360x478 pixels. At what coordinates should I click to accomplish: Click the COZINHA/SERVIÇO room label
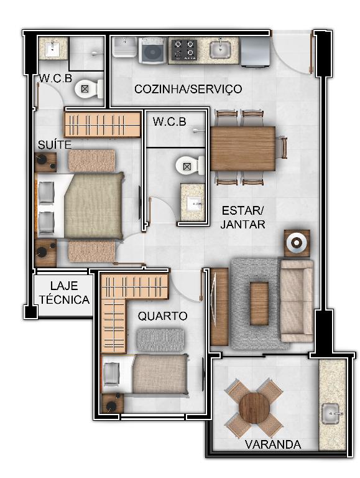click(188, 89)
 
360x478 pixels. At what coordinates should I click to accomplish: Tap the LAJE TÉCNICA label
click(64, 293)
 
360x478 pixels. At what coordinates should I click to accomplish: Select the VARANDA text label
click(273, 444)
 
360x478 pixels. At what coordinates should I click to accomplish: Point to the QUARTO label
click(162, 316)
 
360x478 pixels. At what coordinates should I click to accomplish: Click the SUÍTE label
click(55, 144)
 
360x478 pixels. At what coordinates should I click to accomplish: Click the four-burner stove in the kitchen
click(183, 49)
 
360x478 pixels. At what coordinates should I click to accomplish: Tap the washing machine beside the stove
click(153, 50)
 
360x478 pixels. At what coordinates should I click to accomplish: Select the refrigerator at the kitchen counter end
click(255, 52)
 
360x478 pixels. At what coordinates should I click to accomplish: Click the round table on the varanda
click(254, 408)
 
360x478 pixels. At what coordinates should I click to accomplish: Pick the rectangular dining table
click(242, 149)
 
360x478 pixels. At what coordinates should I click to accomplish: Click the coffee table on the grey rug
click(259, 303)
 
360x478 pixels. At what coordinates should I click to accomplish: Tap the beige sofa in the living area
click(297, 301)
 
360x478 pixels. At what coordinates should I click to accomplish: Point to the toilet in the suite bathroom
click(89, 89)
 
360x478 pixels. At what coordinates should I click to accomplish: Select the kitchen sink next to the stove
click(220, 49)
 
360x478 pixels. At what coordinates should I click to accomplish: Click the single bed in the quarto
click(144, 374)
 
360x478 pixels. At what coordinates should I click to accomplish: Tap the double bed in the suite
click(80, 206)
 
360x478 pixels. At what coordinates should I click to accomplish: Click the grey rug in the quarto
click(160, 340)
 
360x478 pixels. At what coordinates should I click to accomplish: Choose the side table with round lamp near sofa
click(297, 243)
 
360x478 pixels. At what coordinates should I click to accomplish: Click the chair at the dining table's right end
click(282, 148)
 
